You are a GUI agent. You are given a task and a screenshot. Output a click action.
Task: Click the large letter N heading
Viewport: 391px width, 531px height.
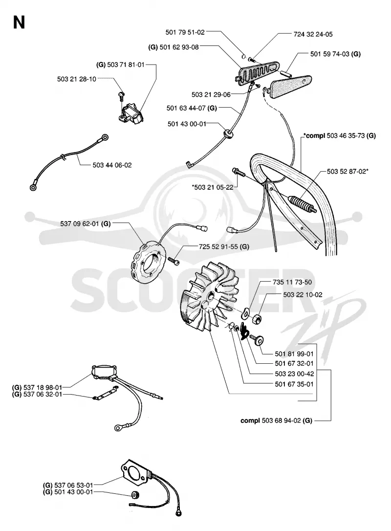coord(19,22)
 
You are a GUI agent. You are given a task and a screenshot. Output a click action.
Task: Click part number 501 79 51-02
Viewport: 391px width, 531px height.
coord(185,32)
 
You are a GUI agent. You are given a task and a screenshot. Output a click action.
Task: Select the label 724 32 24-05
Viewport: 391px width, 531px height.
coord(313,34)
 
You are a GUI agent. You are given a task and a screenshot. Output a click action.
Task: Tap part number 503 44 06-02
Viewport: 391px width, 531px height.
coord(112,165)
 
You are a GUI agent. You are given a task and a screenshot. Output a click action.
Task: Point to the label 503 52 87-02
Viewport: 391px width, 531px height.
coord(347,171)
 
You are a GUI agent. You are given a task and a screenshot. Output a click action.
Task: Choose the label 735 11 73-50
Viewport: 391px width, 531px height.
coord(292,282)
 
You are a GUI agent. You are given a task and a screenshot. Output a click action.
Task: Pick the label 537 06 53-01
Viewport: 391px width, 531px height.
coord(73,485)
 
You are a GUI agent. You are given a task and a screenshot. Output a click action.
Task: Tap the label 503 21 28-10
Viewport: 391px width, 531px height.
coord(77,79)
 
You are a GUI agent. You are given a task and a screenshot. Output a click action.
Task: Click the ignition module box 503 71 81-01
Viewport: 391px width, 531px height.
coord(131,113)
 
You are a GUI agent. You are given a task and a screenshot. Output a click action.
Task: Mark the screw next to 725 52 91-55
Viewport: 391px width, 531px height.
coord(173,261)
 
